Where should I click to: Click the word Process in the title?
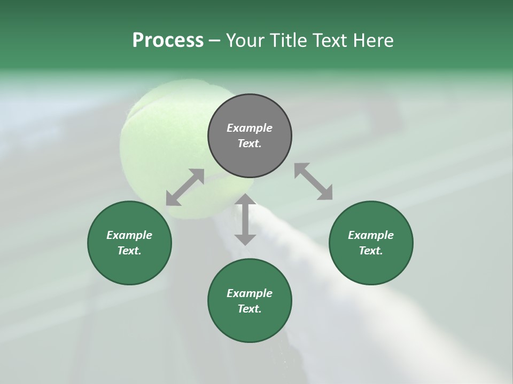168,41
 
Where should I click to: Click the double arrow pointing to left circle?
185,187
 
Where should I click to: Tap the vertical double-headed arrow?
245,219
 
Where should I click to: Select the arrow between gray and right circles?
314,181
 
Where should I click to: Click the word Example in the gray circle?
250,128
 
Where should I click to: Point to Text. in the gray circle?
250,143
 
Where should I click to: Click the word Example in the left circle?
129,235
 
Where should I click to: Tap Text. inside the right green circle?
371,251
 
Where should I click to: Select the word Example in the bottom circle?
250,293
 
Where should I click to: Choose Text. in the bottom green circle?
250,309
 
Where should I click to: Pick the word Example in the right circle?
371,235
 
